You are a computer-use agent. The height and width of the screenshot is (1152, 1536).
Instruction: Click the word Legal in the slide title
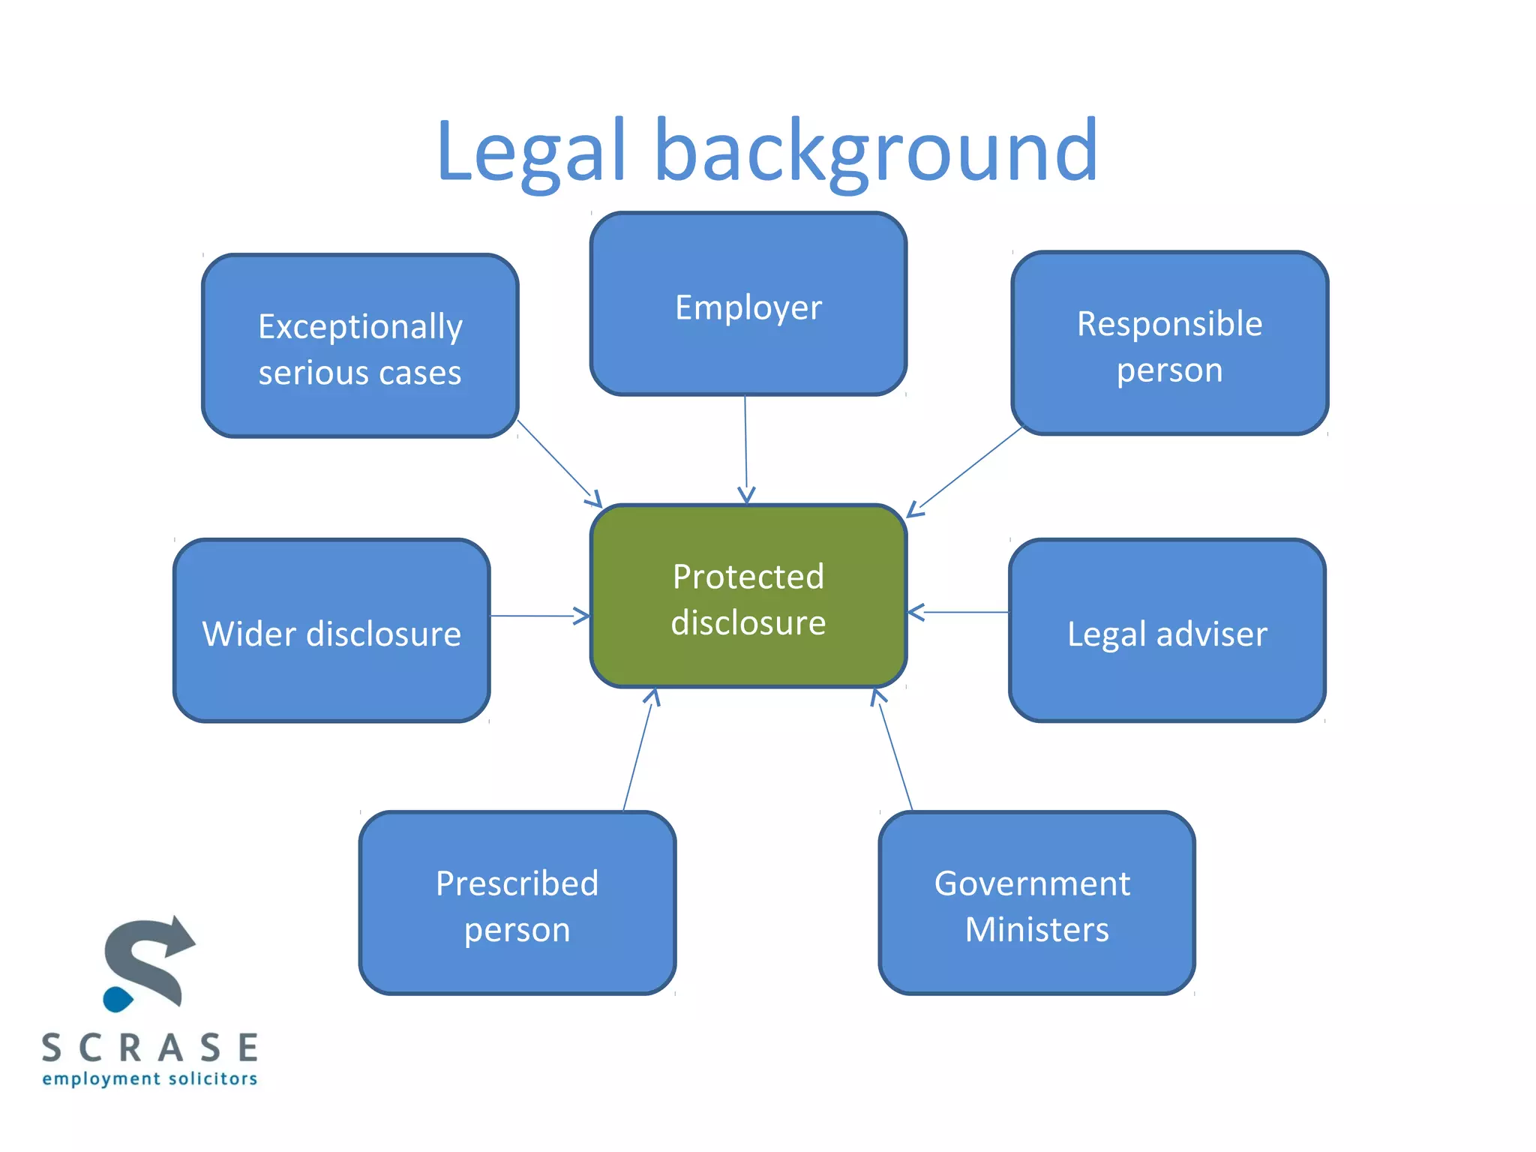[530, 151]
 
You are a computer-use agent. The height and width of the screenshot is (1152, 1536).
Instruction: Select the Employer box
[748, 304]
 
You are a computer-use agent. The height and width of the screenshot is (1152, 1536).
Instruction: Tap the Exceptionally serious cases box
[360, 346]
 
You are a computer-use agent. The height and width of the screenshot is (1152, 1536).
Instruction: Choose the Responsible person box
[1169, 343]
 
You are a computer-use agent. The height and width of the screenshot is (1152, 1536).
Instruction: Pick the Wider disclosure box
[331, 631]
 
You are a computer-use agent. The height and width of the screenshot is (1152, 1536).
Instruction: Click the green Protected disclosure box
[748, 596]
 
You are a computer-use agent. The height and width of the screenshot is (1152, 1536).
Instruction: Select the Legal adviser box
[1167, 631]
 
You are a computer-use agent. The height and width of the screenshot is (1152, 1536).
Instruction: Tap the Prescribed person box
[517, 903]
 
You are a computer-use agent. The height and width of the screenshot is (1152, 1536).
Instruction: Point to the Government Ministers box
[1036, 903]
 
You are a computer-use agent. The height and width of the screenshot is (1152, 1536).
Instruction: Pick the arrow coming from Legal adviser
[960, 612]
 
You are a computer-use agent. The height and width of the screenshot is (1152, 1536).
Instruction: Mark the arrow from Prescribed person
[638, 750]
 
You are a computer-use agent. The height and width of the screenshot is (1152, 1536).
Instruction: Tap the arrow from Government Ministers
[894, 750]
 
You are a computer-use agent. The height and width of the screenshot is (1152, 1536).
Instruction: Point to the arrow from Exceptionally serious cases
[559, 463]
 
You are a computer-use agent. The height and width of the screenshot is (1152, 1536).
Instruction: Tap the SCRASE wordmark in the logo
[150, 1048]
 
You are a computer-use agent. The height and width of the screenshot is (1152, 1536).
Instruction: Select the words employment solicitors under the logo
[150, 1079]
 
